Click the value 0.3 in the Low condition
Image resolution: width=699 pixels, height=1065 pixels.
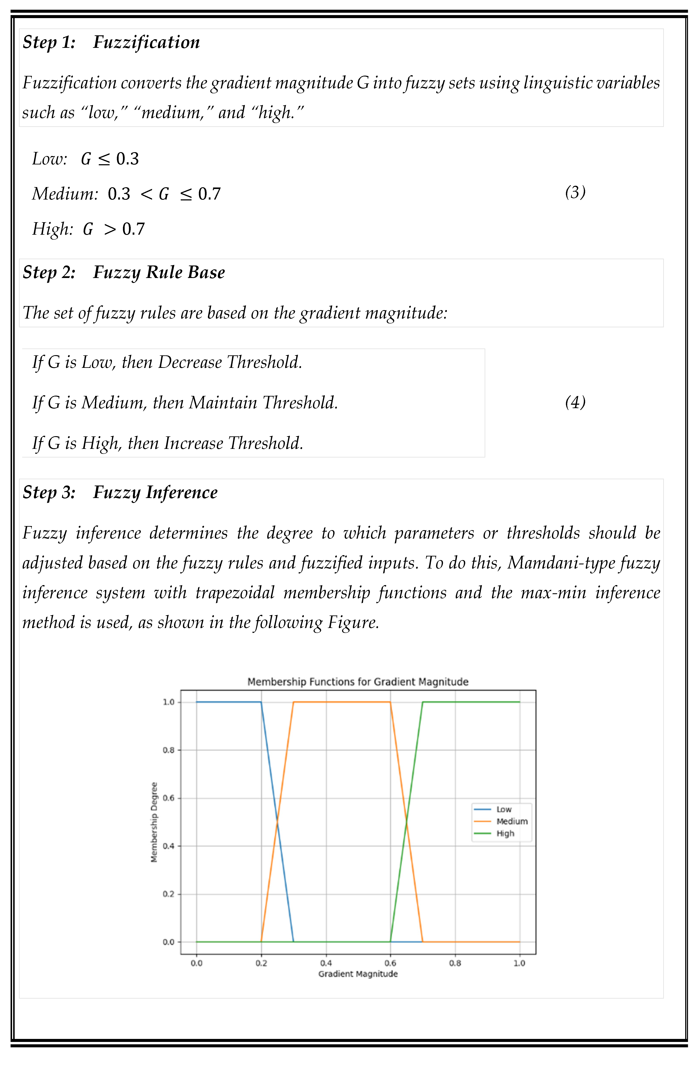128,159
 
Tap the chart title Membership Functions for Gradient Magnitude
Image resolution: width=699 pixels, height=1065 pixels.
358,682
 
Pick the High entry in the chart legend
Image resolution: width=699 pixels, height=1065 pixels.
505,834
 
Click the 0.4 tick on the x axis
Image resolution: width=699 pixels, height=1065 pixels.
326,963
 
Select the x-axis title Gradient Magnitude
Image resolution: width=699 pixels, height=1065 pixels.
358,974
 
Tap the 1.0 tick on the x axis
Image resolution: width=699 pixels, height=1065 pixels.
519,963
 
